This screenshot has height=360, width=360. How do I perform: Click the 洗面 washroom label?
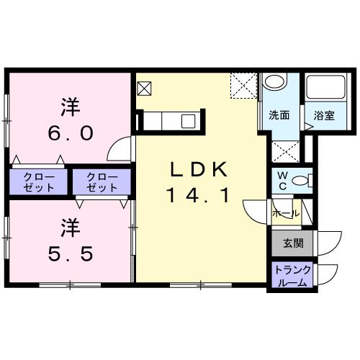pos(279,115)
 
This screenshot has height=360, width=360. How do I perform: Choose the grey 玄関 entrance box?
pos(292,243)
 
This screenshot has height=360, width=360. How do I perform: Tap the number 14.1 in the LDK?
pos(199,194)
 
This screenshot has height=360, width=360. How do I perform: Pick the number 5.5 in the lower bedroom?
pos(70,255)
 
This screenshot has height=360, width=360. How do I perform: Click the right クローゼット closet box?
pos(102,181)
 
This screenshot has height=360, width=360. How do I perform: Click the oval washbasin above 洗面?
pos(274,82)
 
